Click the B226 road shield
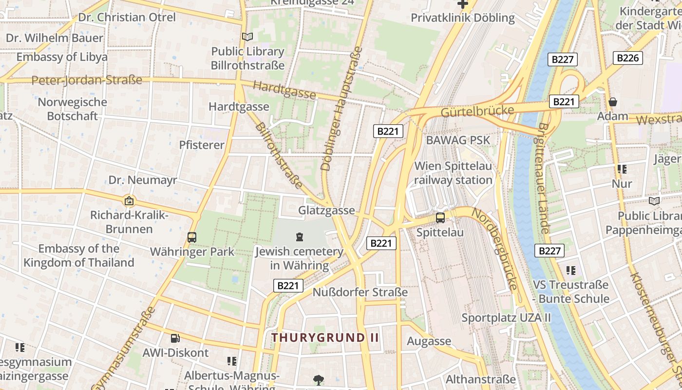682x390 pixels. tap(627, 58)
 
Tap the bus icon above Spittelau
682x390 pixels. tap(440, 218)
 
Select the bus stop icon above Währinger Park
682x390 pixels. tap(192, 237)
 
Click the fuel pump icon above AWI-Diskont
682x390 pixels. tap(175, 338)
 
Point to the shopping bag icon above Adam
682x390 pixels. tap(613, 102)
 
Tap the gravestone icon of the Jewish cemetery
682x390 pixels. tap(299, 237)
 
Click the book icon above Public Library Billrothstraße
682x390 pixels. tap(247, 37)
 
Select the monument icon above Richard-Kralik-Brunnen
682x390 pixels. tap(129, 200)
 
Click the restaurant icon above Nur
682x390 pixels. tap(622, 169)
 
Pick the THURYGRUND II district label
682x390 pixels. tap(325, 337)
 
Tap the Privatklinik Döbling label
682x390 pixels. tap(462, 18)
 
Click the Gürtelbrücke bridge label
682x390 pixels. tap(477, 111)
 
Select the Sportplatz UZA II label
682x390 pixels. tap(506, 318)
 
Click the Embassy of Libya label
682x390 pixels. tap(62, 57)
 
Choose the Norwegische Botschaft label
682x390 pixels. tap(72, 109)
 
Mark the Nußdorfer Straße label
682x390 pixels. tap(360, 292)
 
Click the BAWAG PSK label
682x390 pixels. tap(458, 140)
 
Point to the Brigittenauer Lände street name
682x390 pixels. tap(544, 178)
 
